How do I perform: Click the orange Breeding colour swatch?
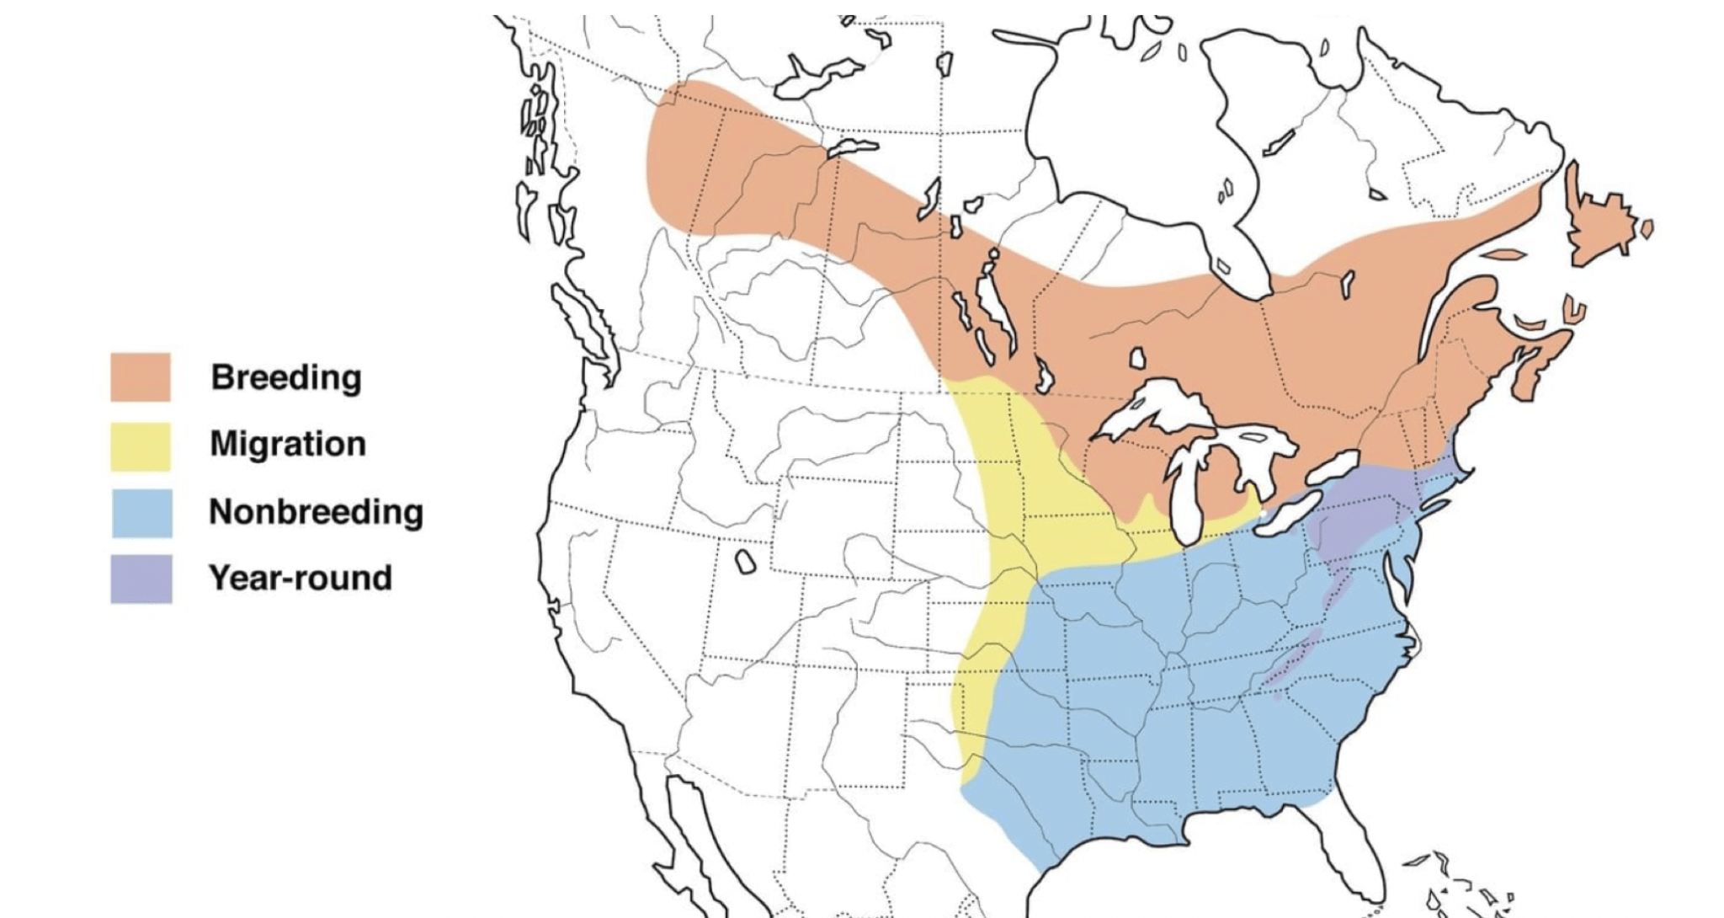pyautogui.click(x=141, y=376)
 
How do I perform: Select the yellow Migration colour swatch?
pyautogui.click(x=141, y=446)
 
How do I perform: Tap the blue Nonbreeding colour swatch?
pyautogui.click(x=141, y=512)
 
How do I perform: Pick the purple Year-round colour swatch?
pyautogui.click(x=141, y=579)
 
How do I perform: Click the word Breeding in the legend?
pyautogui.click(x=286, y=377)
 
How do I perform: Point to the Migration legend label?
pyautogui.click(x=288, y=444)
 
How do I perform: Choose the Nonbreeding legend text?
pyautogui.click(x=316, y=511)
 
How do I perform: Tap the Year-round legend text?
pyautogui.click(x=301, y=578)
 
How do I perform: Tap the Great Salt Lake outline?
pyautogui.click(x=745, y=562)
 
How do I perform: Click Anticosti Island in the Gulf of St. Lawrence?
pyautogui.click(x=1503, y=254)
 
